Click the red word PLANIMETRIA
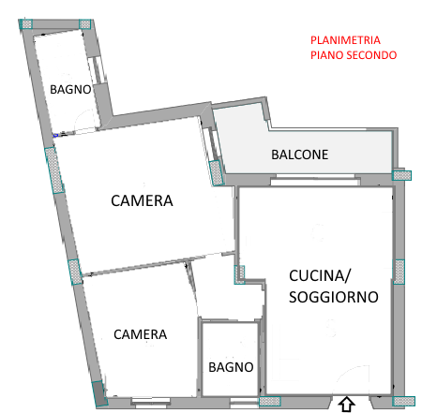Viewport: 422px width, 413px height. click(345, 40)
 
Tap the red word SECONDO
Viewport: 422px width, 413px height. click(371, 55)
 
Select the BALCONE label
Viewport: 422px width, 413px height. click(300, 155)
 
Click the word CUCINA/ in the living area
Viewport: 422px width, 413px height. click(320, 276)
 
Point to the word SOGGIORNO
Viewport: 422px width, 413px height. click(334, 297)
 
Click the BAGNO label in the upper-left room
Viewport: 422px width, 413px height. click(70, 90)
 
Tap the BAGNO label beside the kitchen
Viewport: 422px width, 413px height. click(231, 367)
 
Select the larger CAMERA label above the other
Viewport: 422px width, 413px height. click(142, 200)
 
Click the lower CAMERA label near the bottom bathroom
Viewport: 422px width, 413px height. click(141, 334)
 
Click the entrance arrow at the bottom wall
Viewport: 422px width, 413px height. click(347, 405)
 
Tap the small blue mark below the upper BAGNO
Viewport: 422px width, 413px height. click(55, 135)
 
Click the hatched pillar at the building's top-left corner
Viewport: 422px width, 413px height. click(26, 24)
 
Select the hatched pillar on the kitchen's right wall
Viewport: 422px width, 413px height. click(399, 272)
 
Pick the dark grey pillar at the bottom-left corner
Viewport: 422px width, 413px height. click(99, 393)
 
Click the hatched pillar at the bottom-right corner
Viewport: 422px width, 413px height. click(404, 401)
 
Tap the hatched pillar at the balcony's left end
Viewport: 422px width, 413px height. click(216, 172)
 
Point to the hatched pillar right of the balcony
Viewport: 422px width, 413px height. click(402, 175)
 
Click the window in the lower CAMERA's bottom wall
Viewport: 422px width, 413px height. click(151, 402)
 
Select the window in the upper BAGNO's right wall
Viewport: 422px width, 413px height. click(98, 70)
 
